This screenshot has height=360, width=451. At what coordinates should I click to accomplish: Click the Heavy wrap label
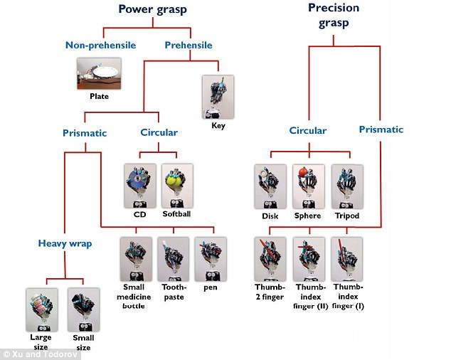point(65,244)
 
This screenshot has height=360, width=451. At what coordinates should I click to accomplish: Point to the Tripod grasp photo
point(347,186)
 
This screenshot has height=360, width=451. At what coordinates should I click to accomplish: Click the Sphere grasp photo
point(308,186)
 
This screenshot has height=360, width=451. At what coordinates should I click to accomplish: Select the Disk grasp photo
point(270,186)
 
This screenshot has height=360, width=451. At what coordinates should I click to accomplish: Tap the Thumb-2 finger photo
point(270,258)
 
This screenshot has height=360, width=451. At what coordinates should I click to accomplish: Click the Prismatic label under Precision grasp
point(381,129)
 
